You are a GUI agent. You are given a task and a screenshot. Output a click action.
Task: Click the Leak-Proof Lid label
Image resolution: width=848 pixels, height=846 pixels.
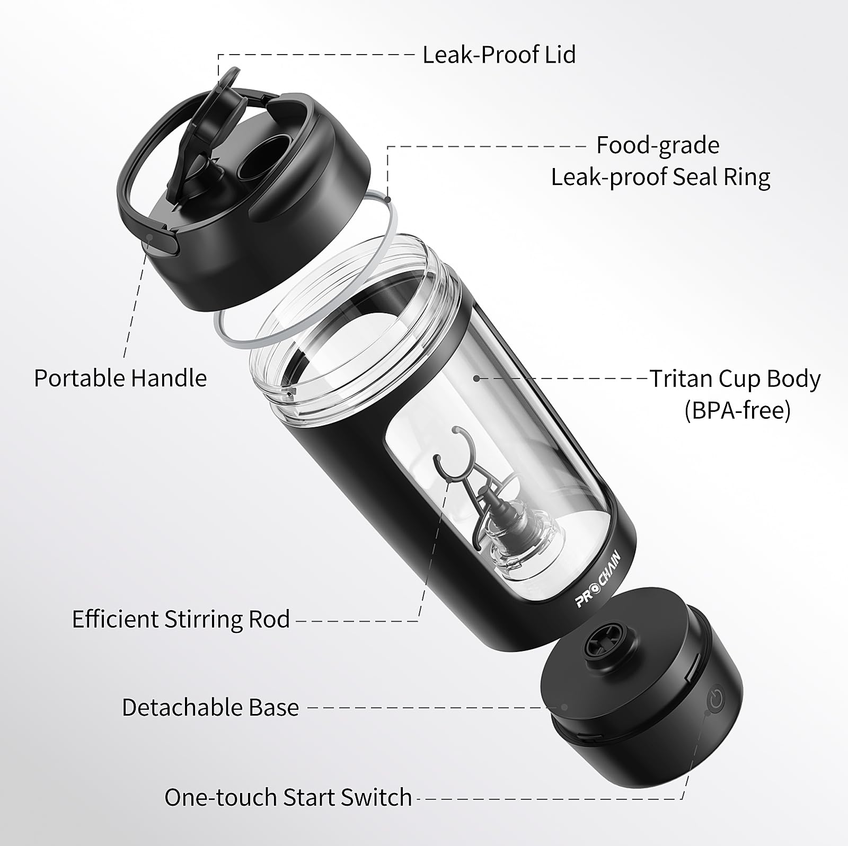pos(499,55)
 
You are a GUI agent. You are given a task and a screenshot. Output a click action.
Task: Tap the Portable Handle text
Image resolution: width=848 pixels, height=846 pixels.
pos(120,378)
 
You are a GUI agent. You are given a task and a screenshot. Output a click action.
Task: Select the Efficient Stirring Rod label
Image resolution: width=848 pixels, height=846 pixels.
pos(181,620)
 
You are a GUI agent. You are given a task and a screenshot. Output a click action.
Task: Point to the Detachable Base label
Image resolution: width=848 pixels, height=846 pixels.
pos(210,708)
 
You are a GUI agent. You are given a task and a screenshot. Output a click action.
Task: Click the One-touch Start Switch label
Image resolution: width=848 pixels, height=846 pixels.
pos(288,797)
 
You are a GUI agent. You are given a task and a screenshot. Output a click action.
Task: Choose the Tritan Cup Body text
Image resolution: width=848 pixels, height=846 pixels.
pos(735,380)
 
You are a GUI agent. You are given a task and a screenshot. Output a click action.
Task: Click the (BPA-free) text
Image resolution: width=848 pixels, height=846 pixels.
pos(737,410)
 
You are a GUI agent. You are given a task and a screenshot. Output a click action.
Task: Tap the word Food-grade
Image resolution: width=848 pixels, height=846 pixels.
pos(658,146)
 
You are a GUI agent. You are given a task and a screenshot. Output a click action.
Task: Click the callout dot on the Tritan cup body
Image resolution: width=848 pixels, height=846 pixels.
pos(476,378)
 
